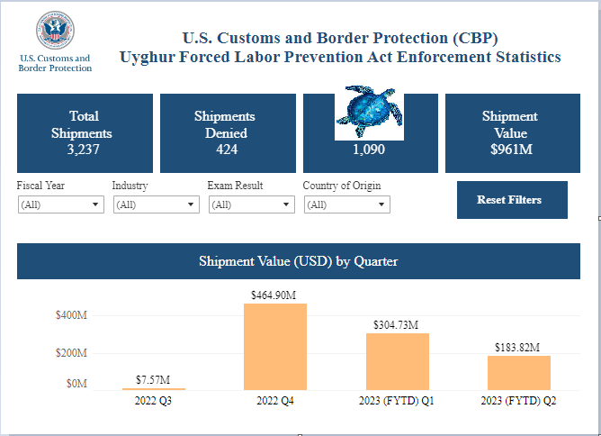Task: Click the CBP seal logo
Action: [55, 32]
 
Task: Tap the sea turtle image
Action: [369, 113]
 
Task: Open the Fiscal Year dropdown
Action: [60, 204]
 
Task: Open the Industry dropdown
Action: [156, 204]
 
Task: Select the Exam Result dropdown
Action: [251, 204]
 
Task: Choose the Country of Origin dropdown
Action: [346, 204]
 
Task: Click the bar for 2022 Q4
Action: [275, 347]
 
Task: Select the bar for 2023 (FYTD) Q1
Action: [397, 361]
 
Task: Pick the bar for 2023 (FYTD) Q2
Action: [518, 373]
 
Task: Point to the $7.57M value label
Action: [153, 379]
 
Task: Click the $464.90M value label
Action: [275, 295]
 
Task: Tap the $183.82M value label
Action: [518, 347]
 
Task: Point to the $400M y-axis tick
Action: [70, 316]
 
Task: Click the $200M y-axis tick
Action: [70, 353]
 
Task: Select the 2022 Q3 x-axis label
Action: [153, 401]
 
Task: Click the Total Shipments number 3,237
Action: [84, 150]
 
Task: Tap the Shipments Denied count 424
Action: [225, 150]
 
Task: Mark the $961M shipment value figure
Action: [510, 150]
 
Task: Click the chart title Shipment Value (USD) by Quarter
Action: [298, 261]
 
